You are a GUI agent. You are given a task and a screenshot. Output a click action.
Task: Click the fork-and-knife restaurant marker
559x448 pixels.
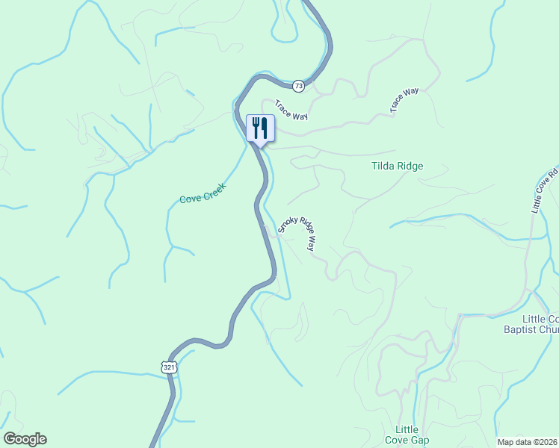pyautogui.click(x=260, y=128)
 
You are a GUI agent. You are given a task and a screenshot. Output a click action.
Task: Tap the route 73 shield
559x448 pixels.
pyautogui.click(x=299, y=86)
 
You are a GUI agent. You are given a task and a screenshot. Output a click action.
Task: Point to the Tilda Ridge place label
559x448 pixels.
pyautogui.click(x=398, y=167)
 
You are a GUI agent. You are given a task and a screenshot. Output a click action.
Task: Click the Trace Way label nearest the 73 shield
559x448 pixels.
pyautogui.click(x=291, y=111)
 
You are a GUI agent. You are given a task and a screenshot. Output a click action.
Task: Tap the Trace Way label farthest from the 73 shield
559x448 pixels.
pyautogui.click(x=404, y=101)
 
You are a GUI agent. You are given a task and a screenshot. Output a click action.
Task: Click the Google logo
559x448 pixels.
pyautogui.click(x=25, y=439)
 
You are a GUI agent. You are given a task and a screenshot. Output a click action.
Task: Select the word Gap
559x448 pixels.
pyautogui.click(x=419, y=440)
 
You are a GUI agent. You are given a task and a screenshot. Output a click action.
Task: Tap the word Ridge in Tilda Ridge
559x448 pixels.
pyautogui.click(x=410, y=167)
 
